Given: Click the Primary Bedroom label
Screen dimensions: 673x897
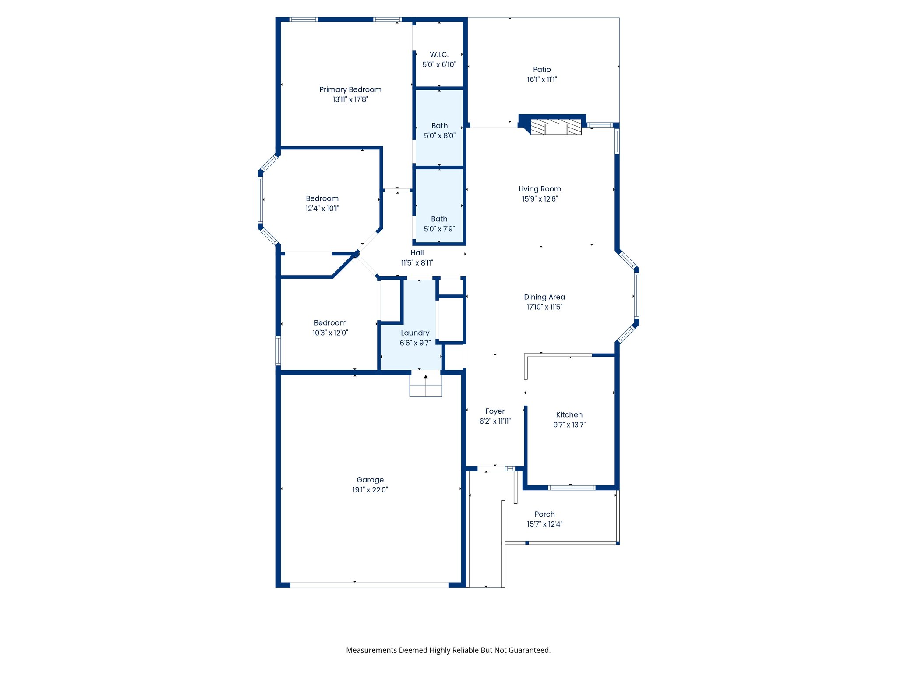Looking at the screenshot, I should pyautogui.click(x=350, y=89).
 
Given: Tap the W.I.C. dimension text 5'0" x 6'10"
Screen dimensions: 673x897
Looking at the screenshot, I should pyautogui.click(x=439, y=64).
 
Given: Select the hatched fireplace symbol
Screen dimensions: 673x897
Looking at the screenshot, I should pyautogui.click(x=556, y=127).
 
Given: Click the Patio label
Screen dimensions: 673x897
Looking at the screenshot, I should pyautogui.click(x=542, y=69).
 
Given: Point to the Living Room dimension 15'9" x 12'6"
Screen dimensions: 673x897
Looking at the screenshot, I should pyautogui.click(x=540, y=199).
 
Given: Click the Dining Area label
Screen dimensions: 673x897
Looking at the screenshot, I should pyautogui.click(x=544, y=297).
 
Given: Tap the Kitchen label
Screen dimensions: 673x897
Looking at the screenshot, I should pyautogui.click(x=569, y=414).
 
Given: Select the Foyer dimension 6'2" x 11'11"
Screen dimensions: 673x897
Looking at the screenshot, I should pyautogui.click(x=495, y=422).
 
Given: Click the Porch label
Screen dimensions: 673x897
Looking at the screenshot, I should pyautogui.click(x=544, y=514).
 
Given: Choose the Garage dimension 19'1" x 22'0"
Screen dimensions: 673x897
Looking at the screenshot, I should pyautogui.click(x=370, y=490).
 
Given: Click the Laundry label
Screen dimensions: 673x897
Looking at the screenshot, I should pyautogui.click(x=415, y=333).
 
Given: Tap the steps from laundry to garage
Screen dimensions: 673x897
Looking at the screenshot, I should pyautogui.click(x=426, y=386).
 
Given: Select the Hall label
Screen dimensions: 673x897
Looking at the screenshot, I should pyautogui.click(x=417, y=253).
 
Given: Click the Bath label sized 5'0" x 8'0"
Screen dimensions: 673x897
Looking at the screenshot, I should pyautogui.click(x=439, y=126).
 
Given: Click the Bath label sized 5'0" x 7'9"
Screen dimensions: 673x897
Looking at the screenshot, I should pyautogui.click(x=439, y=219).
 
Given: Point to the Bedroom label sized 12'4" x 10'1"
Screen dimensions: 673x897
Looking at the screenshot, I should pyautogui.click(x=322, y=198).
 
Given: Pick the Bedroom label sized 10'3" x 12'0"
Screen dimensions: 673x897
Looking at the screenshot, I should pyautogui.click(x=330, y=323).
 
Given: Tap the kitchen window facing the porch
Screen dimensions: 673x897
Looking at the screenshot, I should pyautogui.click(x=572, y=488).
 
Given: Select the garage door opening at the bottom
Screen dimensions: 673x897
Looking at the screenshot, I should pyautogui.click(x=369, y=585).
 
